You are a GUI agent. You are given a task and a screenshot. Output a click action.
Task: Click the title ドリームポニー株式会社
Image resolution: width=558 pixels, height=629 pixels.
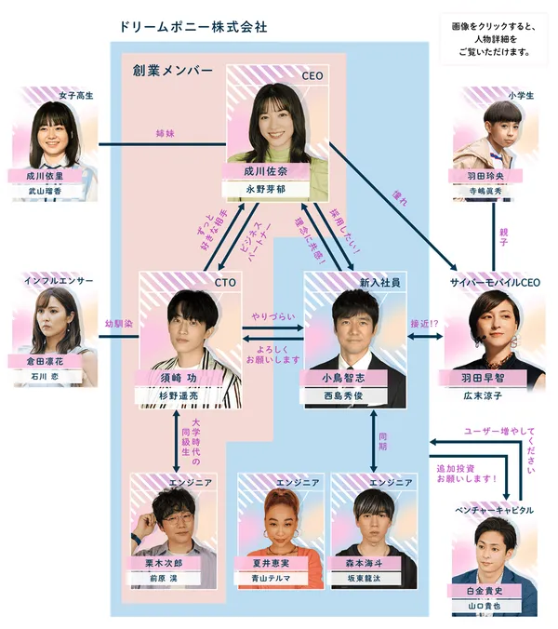pos(193,27)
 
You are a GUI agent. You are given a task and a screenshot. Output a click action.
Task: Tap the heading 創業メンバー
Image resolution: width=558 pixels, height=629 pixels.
pos(172,71)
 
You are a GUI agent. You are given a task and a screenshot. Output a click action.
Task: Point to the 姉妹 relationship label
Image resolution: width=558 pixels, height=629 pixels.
pos(164,134)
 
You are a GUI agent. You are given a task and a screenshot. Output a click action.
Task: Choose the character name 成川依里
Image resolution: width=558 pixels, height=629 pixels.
pos(46,175)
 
